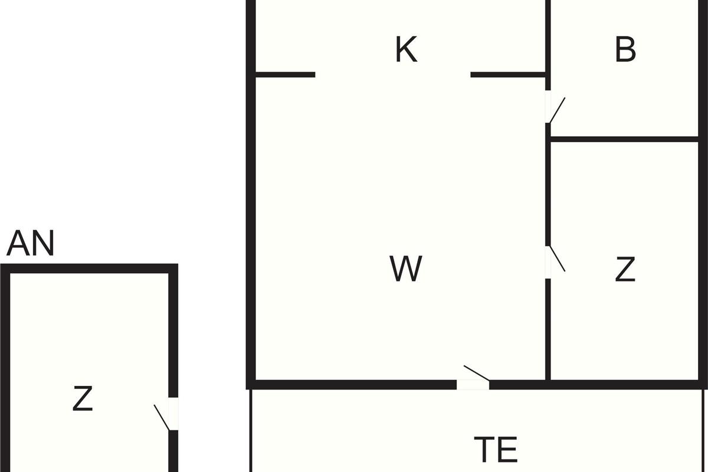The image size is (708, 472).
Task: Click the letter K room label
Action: [x=406, y=50]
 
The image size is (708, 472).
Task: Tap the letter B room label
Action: [x=625, y=50]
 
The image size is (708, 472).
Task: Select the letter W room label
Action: [x=406, y=268]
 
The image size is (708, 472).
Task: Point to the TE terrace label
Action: [x=496, y=450]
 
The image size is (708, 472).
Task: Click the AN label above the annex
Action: [x=30, y=244]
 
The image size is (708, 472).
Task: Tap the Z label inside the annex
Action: [x=83, y=399]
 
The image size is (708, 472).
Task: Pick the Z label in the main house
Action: [x=625, y=269]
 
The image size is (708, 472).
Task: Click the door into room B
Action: [x=549, y=107]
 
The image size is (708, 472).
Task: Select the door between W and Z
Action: [x=549, y=261]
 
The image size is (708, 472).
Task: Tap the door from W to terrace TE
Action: [x=473, y=384]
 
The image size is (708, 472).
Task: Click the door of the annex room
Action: [x=172, y=414]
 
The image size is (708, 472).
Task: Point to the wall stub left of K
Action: [x=285, y=75]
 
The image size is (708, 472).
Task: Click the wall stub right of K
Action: [x=508, y=75]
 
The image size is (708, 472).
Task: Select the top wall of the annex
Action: [x=88, y=269]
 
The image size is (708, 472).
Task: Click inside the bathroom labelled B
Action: [x=625, y=94]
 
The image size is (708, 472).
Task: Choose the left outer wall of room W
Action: [x=251, y=236]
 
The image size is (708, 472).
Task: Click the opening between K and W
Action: [x=393, y=75]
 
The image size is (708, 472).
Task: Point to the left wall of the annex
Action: [x=5, y=366]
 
